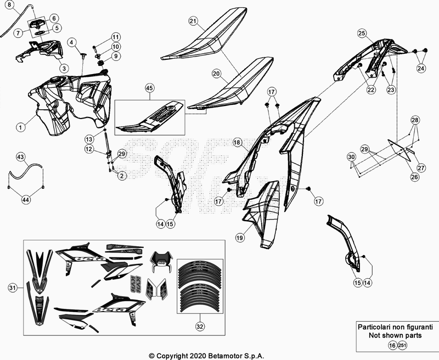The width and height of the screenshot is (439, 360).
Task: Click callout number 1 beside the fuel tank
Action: (x=20, y=127)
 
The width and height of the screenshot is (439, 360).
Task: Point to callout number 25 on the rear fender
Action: (x=362, y=33)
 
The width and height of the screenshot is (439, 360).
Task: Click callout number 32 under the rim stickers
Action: (x=199, y=325)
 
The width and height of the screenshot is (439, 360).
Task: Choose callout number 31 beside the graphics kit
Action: (x=13, y=287)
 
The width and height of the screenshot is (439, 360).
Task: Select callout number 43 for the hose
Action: (x=20, y=157)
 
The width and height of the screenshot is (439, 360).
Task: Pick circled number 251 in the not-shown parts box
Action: (x=402, y=345)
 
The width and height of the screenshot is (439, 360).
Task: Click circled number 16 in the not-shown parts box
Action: (x=391, y=345)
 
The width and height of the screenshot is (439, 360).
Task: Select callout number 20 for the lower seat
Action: (x=216, y=73)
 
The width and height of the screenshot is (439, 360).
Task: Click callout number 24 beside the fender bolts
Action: (x=420, y=69)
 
